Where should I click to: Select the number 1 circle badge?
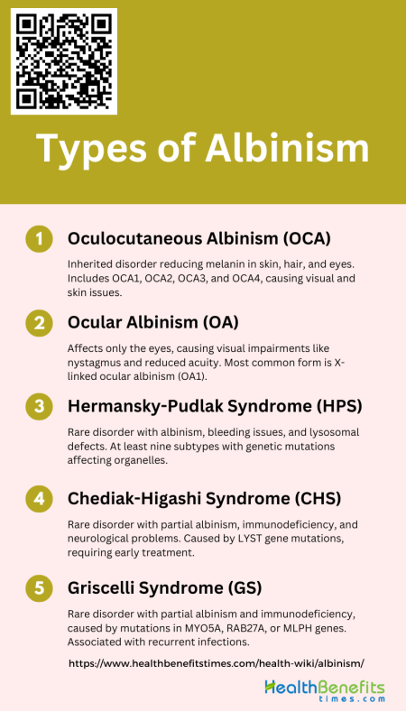point(38,238)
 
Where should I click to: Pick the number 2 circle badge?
point(38,322)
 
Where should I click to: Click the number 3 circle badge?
point(38,406)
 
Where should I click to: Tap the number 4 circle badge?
point(38,497)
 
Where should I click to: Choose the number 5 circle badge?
point(38,588)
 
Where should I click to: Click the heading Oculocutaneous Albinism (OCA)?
point(199,238)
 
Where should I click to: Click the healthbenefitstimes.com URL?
point(217,662)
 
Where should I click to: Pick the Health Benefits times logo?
point(324,691)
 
